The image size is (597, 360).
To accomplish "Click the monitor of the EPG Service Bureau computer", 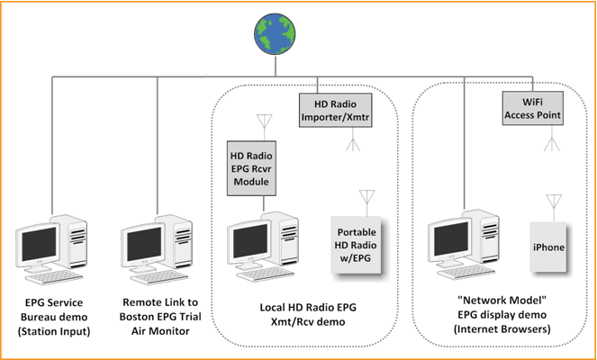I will click(41, 245).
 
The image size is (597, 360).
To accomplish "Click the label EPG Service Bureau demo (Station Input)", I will click(63, 317).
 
